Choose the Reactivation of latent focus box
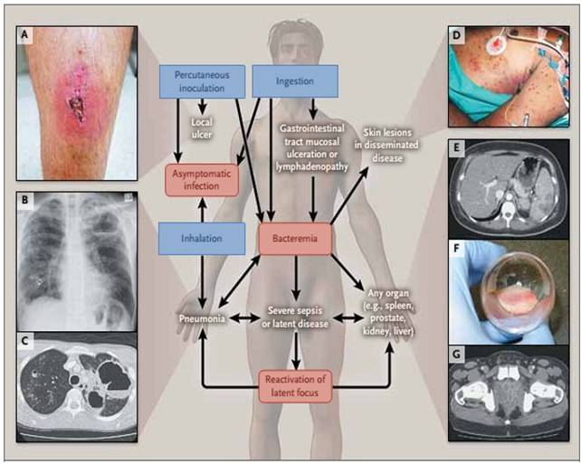pyautogui.click(x=294, y=385)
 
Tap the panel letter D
pyautogui.click(x=458, y=36)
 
